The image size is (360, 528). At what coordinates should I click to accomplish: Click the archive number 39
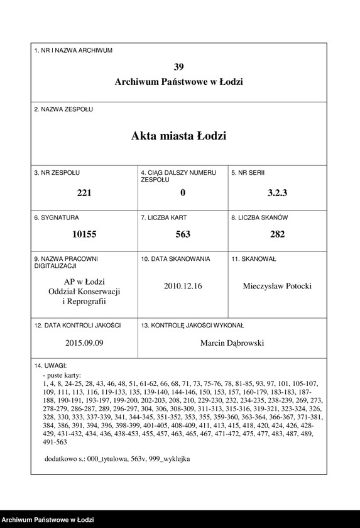click(179, 67)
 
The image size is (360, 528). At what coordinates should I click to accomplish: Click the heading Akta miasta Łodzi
click(179, 136)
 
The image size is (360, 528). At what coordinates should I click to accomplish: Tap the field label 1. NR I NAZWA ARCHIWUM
click(74, 50)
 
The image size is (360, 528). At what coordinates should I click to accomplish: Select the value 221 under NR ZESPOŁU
click(84, 193)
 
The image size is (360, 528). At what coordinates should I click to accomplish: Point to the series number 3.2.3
click(277, 193)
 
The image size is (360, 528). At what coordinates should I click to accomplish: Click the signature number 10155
click(84, 234)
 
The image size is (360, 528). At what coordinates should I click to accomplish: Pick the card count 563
click(183, 234)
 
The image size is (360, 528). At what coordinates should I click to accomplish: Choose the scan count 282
click(277, 234)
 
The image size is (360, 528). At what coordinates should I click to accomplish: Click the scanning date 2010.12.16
click(183, 285)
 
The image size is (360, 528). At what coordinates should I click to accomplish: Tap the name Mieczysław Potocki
click(277, 286)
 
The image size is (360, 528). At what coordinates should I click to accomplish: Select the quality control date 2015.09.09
click(84, 343)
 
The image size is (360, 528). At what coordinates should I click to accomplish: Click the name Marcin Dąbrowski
click(232, 343)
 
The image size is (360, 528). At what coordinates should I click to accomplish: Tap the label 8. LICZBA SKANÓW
click(259, 217)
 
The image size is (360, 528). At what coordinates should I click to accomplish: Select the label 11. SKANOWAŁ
click(254, 258)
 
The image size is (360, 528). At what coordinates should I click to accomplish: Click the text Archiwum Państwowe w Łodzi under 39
click(179, 82)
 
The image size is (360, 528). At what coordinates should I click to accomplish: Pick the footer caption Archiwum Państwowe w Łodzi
click(48, 520)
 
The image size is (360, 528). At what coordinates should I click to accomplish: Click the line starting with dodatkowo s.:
click(117, 459)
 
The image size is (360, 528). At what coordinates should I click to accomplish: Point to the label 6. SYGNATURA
click(57, 217)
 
